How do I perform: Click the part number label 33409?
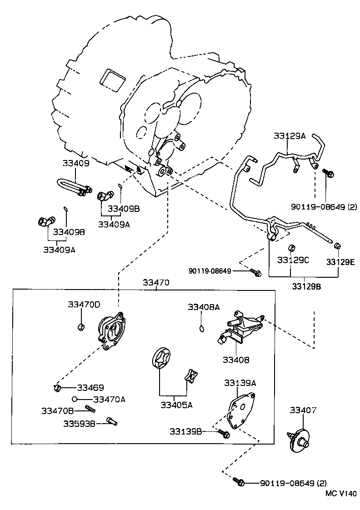(76, 163)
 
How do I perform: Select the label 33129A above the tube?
(290, 135)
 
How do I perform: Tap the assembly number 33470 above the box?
(156, 282)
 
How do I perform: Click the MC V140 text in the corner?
(341, 493)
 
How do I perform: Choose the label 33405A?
(176, 405)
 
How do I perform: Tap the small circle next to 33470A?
(74, 399)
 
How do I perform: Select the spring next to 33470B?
(90, 410)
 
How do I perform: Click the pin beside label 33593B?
(111, 421)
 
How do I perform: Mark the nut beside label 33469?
(57, 388)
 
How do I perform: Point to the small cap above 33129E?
(337, 246)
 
